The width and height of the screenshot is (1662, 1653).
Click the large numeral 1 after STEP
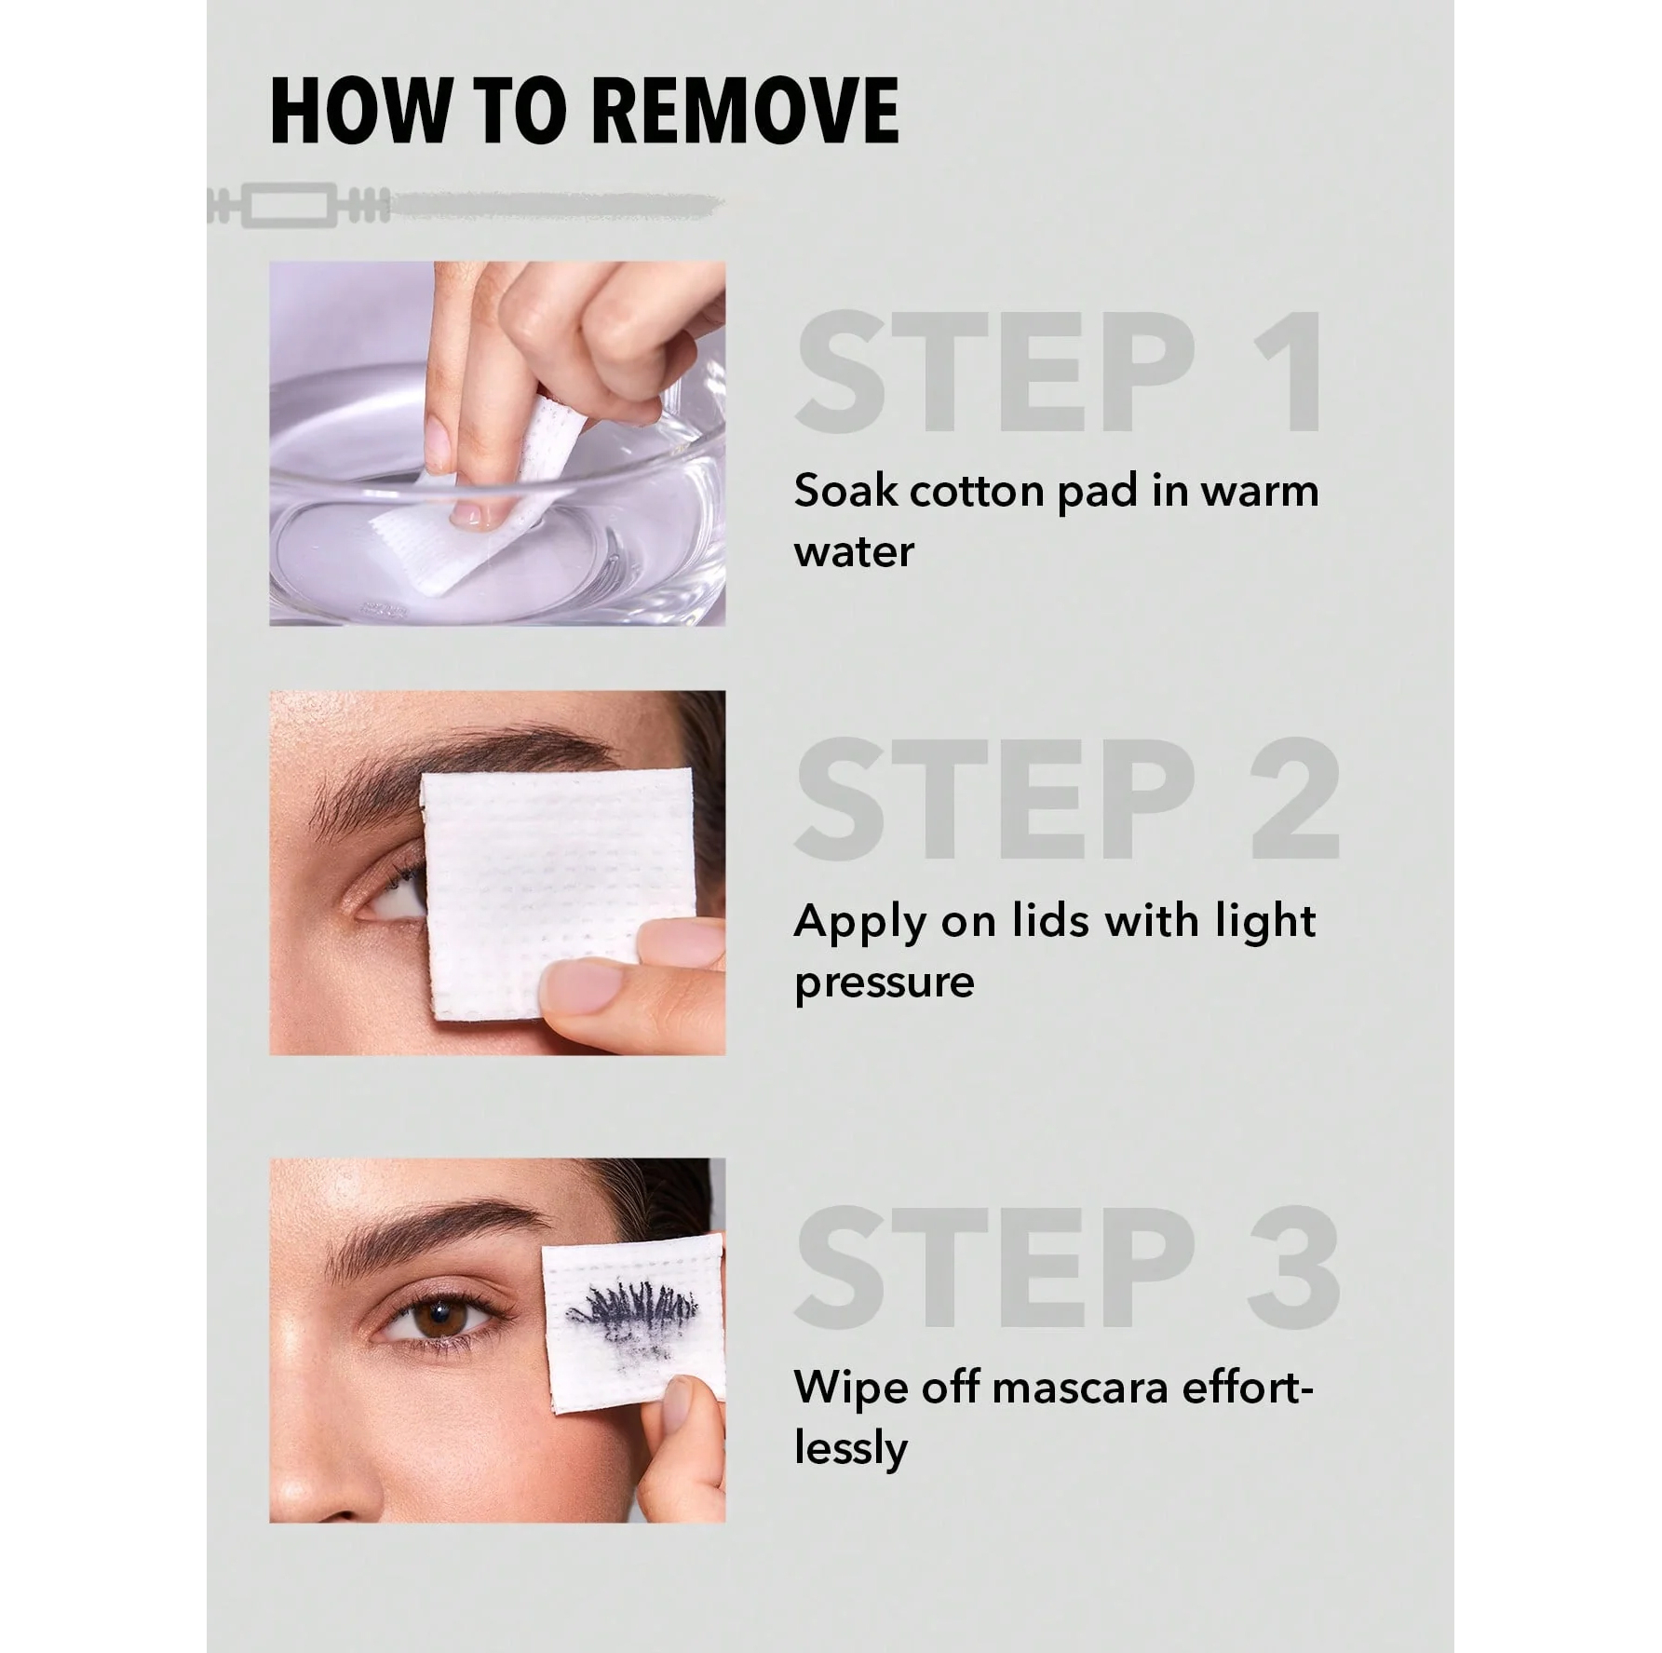[1289, 372]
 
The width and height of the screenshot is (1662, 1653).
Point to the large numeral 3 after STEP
[1295, 1266]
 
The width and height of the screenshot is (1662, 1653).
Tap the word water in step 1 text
[854, 552]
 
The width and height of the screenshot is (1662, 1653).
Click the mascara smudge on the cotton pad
[632, 1313]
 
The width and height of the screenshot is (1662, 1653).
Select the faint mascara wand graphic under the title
[466, 206]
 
